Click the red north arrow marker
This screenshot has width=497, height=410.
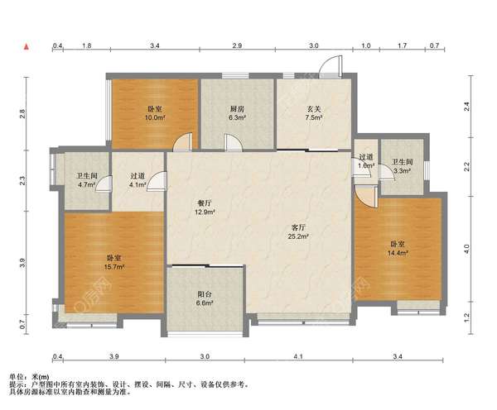pos(27,47)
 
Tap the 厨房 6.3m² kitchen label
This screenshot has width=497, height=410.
pos(237,113)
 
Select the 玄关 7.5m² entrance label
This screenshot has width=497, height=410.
pos(314,113)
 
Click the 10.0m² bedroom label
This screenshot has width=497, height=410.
pos(156,113)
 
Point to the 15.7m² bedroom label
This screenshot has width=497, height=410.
pos(114,263)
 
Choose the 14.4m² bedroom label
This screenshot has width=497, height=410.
pos(398,249)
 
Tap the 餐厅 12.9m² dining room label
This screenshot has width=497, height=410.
pos(205,207)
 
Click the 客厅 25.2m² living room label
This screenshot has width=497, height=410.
pos(298,232)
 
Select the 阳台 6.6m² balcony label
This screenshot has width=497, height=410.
pos(205,298)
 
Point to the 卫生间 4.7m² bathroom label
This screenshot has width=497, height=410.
pos(87,180)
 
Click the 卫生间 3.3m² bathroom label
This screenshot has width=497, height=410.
pos(403,166)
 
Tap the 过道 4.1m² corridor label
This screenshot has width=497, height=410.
pos(138,180)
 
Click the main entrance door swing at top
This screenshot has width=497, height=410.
pos(331,66)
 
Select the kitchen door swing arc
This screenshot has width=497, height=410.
pos(234,141)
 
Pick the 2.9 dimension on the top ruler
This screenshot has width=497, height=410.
pos(237,45)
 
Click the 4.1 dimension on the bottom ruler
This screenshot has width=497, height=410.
pos(298,356)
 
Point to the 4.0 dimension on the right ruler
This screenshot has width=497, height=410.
pos(466,249)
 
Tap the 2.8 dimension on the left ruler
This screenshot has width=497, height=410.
pos(22,113)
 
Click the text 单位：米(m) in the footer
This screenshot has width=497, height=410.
pos(29,377)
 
